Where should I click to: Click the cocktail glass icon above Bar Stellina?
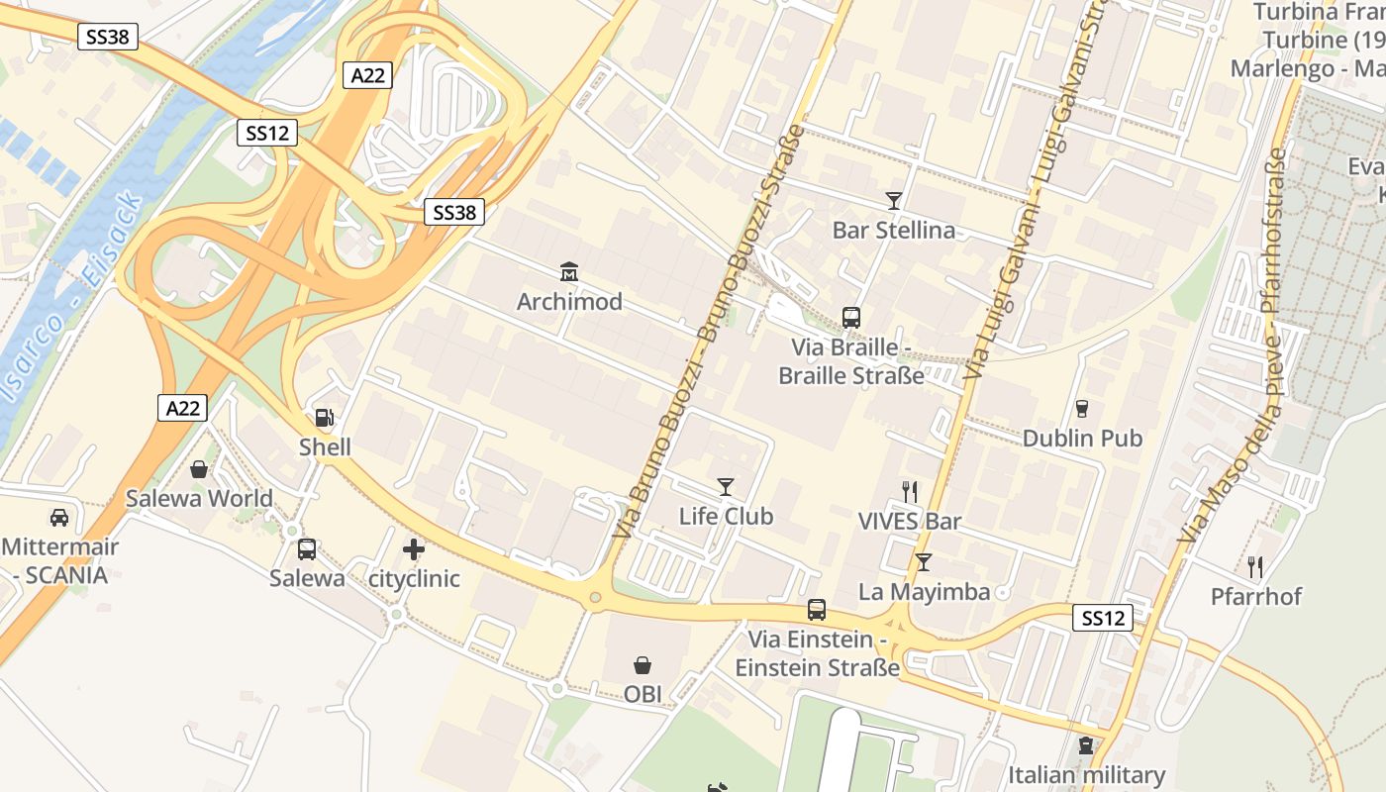894,201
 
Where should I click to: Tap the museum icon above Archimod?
569,271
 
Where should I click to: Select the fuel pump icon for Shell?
324,418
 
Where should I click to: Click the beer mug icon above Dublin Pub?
1082,408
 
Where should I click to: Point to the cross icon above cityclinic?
414,548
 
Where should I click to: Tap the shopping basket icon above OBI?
643,664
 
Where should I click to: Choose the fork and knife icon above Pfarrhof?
1255,566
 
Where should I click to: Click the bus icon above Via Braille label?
851,318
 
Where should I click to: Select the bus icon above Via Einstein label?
817,610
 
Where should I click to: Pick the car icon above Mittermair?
59,517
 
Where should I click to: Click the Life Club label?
726,516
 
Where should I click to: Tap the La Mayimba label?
924,592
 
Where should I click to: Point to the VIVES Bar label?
909,521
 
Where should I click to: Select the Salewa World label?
199,498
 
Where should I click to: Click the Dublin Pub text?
1082,438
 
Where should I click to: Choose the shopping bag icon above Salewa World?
199,468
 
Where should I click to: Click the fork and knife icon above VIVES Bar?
910,491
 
